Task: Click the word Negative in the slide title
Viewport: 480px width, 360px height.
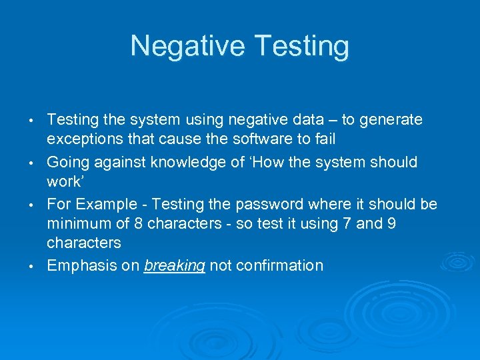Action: pyautogui.click(x=189, y=47)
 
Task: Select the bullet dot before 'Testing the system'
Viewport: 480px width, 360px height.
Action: pyautogui.click(x=31, y=121)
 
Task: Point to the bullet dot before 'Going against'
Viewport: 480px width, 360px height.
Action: pyautogui.click(x=31, y=163)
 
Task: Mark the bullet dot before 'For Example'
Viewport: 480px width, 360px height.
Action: pyautogui.click(x=31, y=205)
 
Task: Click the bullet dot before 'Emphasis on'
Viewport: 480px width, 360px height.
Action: pyautogui.click(x=31, y=267)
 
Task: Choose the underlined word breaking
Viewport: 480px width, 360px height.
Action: pyautogui.click(x=175, y=266)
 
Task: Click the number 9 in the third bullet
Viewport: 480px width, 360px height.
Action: pyautogui.click(x=391, y=224)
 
